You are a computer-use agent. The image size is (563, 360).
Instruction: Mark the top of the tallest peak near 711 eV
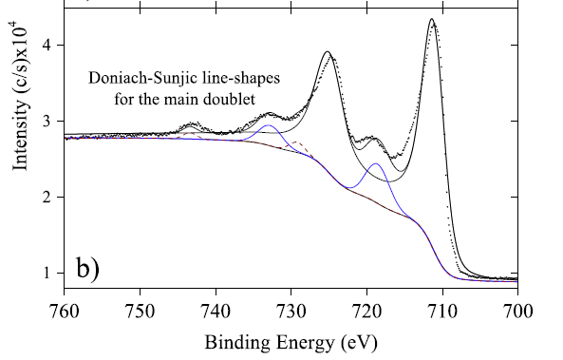[x=432, y=19]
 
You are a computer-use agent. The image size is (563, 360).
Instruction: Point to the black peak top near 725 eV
[x=327, y=51]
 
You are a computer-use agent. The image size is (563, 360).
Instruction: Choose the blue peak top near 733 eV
[x=269, y=125]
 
